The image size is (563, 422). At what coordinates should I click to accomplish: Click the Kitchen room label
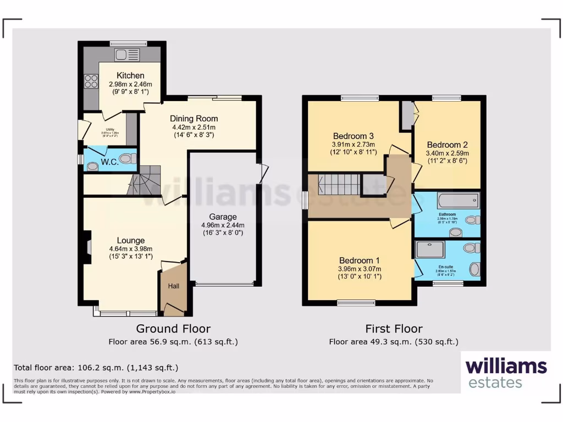click(130, 75)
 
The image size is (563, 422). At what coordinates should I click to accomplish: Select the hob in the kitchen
click(91, 81)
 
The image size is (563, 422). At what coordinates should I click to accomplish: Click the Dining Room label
click(194, 118)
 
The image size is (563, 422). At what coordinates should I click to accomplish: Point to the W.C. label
click(108, 162)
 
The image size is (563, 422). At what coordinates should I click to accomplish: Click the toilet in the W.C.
click(128, 158)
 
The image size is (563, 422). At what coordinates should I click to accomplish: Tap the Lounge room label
click(131, 240)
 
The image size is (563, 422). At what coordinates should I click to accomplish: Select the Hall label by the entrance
click(173, 286)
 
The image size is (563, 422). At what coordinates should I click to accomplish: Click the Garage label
click(223, 216)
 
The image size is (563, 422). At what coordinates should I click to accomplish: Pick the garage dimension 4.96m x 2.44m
click(223, 225)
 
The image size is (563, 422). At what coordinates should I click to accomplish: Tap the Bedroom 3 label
click(353, 136)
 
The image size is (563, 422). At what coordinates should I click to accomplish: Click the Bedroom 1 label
click(359, 260)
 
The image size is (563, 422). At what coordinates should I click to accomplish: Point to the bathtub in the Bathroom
click(458, 200)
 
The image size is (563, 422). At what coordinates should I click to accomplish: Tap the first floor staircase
click(339, 184)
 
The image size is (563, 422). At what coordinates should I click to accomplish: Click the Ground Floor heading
click(173, 329)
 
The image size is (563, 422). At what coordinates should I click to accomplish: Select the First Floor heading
click(394, 329)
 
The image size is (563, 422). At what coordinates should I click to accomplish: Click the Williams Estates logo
click(506, 373)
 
